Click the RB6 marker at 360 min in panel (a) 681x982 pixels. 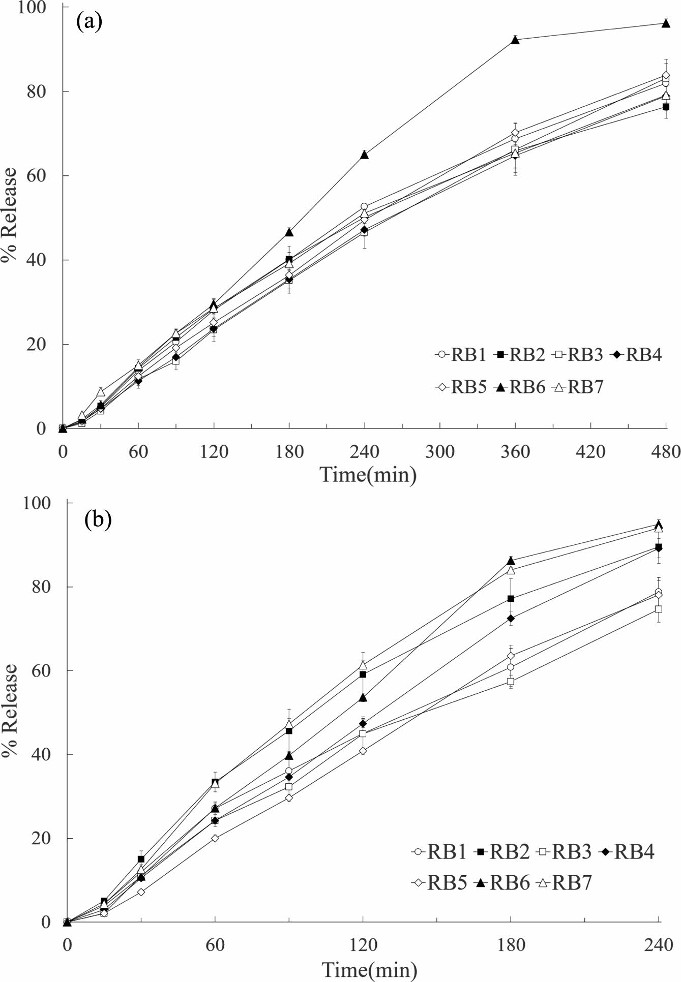coord(515,40)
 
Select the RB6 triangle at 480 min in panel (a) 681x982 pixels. coord(665,23)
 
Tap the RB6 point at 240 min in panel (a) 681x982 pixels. coord(364,155)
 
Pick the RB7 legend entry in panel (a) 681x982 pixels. coord(579,387)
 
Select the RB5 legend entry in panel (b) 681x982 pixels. coord(439,883)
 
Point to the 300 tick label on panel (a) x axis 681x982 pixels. coord(439,451)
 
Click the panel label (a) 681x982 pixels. coord(90,21)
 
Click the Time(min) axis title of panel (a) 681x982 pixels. coord(368,475)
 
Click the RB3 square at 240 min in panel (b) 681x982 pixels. coord(658,609)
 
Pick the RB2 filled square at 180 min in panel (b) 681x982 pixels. coord(511,598)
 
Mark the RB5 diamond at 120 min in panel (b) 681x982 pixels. coord(363,751)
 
